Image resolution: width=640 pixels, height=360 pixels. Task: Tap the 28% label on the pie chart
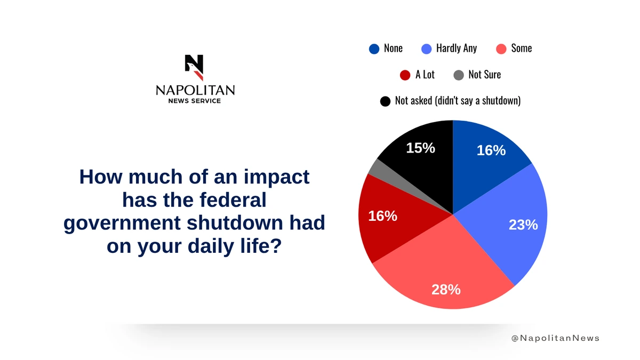click(x=446, y=290)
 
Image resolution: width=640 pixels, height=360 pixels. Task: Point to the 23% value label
click(x=523, y=225)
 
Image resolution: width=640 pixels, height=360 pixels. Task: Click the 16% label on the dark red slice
click(x=382, y=216)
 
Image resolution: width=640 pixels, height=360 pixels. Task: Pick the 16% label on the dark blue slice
click(x=491, y=150)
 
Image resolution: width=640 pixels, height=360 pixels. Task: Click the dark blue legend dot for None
click(x=374, y=49)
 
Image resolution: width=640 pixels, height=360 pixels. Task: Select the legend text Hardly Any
click(x=456, y=48)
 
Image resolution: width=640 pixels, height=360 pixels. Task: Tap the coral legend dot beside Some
click(x=501, y=49)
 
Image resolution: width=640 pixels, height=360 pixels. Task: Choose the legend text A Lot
click(x=425, y=75)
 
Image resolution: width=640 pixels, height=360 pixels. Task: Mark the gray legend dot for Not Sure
click(x=458, y=75)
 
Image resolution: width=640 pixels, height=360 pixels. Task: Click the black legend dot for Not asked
click(x=385, y=101)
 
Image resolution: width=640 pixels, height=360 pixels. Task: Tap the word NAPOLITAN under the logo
click(x=195, y=90)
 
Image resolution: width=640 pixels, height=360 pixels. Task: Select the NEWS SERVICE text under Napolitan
click(x=195, y=101)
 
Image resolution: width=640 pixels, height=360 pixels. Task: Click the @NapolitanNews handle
click(x=555, y=338)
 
